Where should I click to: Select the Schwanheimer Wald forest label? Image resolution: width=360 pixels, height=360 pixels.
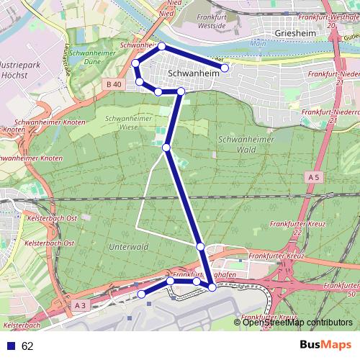pos(237,145)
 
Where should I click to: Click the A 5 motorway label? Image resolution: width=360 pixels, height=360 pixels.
pos(312,176)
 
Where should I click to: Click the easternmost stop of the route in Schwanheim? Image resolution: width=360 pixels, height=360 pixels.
pos(225,68)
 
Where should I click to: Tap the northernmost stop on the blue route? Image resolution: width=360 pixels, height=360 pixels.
pos(162,46)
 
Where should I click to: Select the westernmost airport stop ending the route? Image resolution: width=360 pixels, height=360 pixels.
pos(141,294)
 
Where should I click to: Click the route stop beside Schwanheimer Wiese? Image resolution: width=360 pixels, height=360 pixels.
pos(166,147)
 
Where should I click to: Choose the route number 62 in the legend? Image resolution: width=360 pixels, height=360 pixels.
pos(27,346)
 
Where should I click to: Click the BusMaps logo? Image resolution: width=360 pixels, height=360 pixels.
pos(320,345)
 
